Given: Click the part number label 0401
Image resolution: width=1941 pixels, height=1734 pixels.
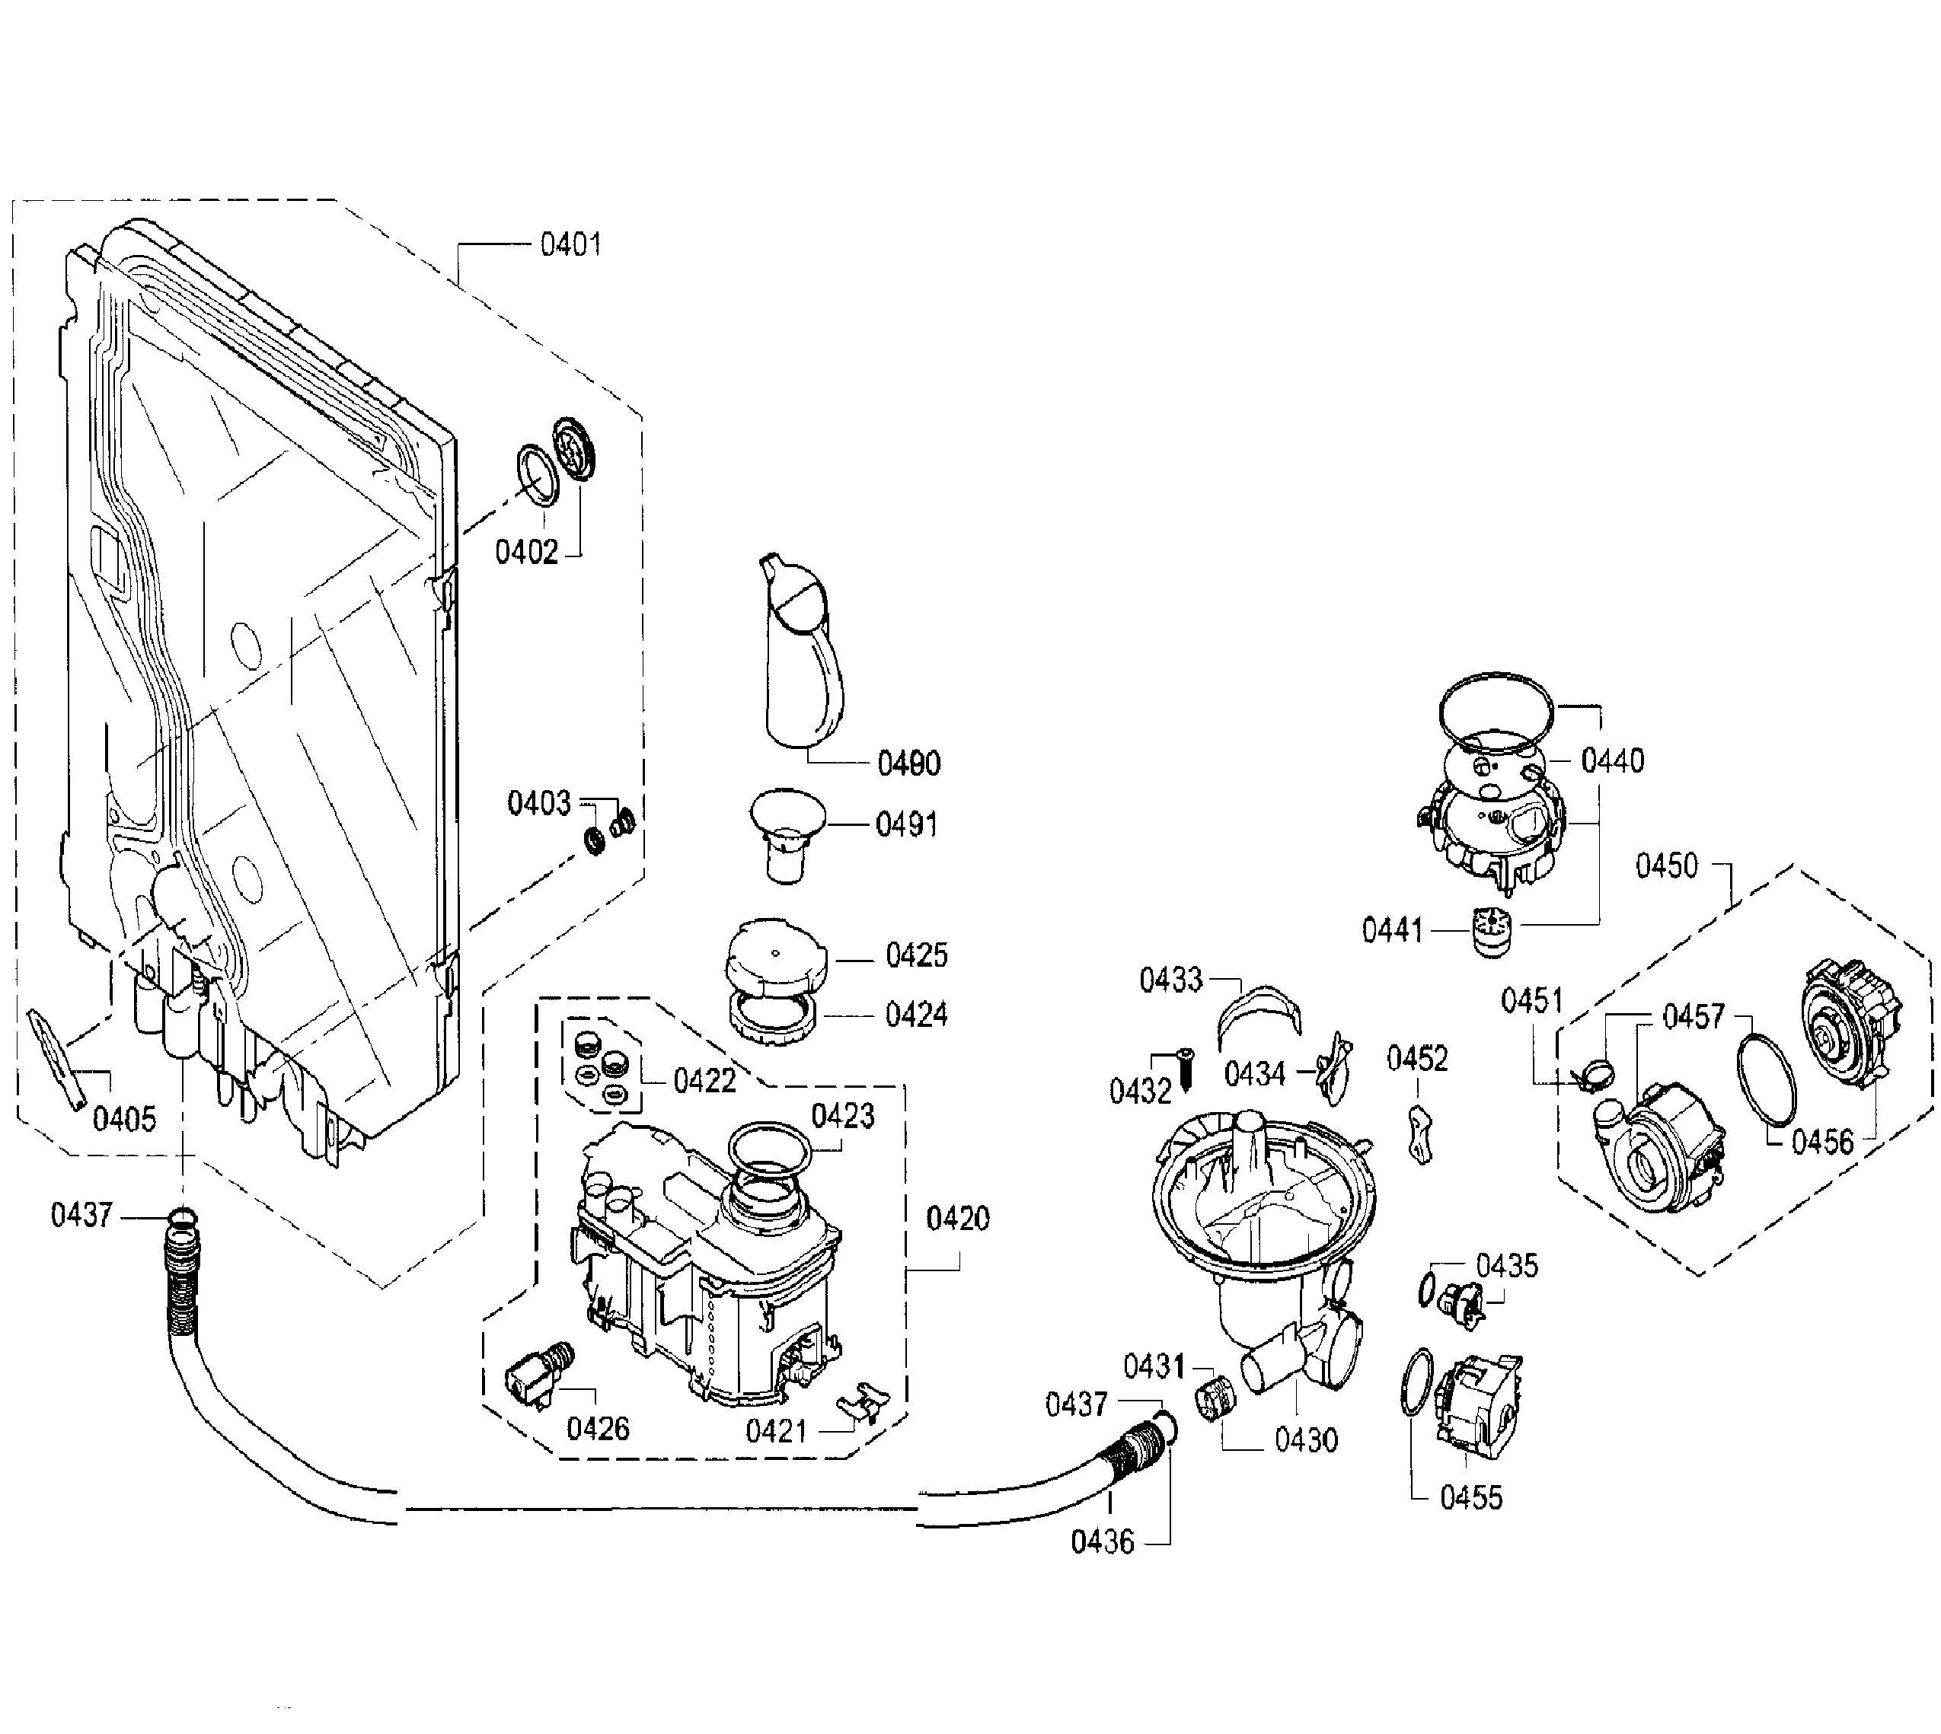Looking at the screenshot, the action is coord(571,245).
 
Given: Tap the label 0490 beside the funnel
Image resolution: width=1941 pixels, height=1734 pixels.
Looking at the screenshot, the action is coord(909,763).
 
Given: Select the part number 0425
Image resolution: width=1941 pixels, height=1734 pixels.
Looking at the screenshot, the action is coord(917,955).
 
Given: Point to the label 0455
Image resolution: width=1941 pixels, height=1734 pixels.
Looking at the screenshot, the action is coord(1471,1498).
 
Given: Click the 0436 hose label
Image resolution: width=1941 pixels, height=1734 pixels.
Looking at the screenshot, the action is coord(1103,1541).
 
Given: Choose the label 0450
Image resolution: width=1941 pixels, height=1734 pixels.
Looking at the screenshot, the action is coord(1667,866).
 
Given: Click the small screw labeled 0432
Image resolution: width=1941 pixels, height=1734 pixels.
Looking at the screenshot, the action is coord(1186,1070).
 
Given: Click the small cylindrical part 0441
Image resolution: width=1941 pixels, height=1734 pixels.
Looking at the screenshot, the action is coord(1490,932).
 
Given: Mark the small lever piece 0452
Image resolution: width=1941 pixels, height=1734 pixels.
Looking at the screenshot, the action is coord(1421,1135).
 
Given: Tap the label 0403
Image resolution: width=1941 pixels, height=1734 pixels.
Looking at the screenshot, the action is coord(538,803).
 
